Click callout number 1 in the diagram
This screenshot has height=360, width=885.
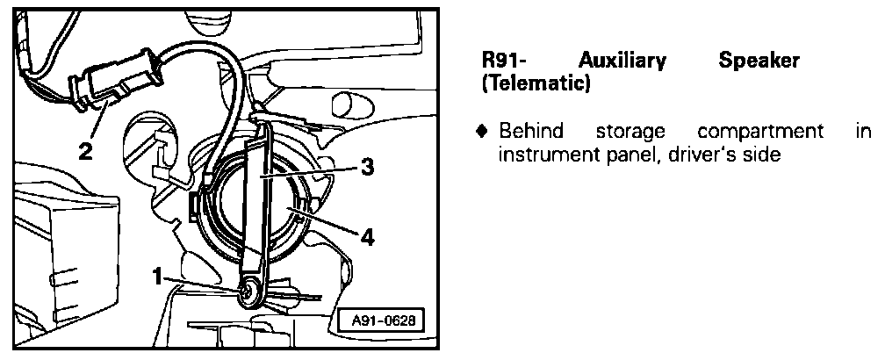coord(156,277)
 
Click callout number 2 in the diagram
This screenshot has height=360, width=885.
coord(84,151)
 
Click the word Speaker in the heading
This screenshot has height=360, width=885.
coord(759,62)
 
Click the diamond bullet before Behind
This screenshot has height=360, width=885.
coord(481,132)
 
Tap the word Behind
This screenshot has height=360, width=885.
coord(529,132)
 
